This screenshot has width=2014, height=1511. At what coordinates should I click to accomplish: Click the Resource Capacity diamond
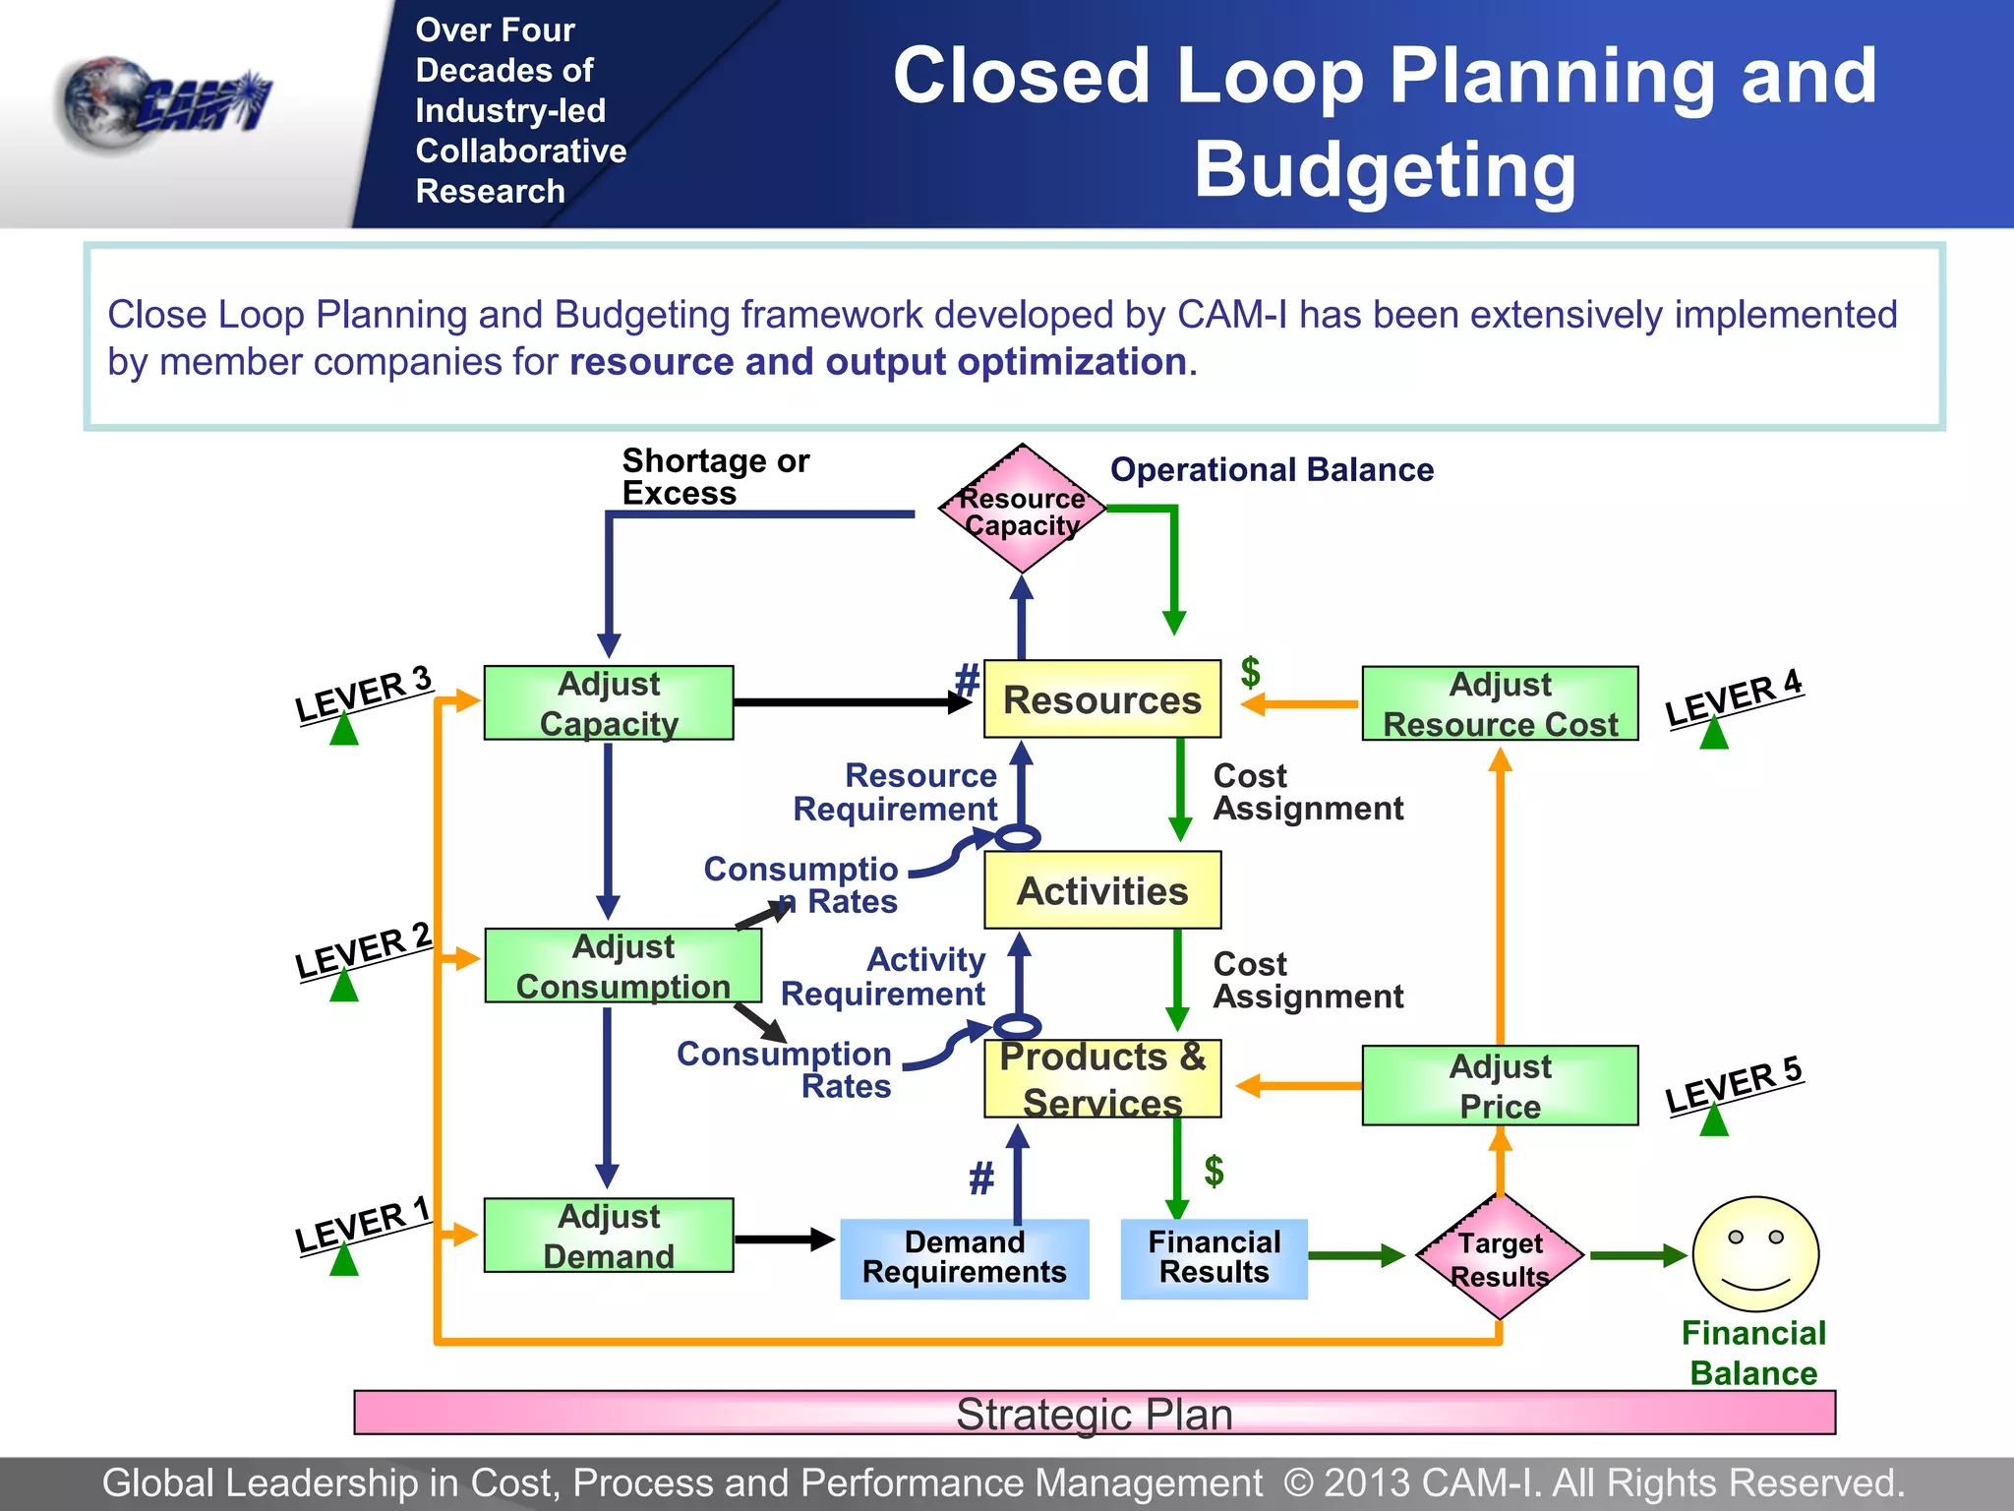click(x=1022, y=510)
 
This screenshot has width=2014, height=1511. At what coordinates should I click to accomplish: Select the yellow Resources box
click(x=1101, y=699)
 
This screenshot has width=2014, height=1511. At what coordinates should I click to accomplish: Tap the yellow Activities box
click(x=1101, y=890)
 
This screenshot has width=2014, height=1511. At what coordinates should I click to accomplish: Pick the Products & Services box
click(x=1101, y=1079)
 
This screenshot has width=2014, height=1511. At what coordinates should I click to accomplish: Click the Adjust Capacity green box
click(x=609, y=702)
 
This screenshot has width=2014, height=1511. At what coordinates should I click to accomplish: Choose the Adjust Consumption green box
click(x=622, y=965)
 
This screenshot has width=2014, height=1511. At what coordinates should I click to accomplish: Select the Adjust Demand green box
click(x=609, y=1236)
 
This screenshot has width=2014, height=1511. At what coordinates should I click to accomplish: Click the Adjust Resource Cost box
click(x=1500, y=703)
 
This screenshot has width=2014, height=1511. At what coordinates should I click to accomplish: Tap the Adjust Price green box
click(x=1500, y=1085)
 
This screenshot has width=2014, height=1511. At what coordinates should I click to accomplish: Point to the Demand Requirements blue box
click(x=964, y=1258)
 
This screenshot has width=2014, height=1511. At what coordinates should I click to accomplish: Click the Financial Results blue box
click(x=1214, y=1258)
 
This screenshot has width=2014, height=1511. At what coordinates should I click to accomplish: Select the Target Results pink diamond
click(x=1500, y=1257)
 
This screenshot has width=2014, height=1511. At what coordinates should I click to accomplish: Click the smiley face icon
click(x=1755, y=1254)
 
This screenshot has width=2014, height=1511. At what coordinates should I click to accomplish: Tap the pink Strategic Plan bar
click(x=1094, y=1413)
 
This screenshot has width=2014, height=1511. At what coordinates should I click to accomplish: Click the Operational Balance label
click(x=1272, y=469)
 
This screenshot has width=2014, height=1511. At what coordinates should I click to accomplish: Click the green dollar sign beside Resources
click(x=1250, y=672)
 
